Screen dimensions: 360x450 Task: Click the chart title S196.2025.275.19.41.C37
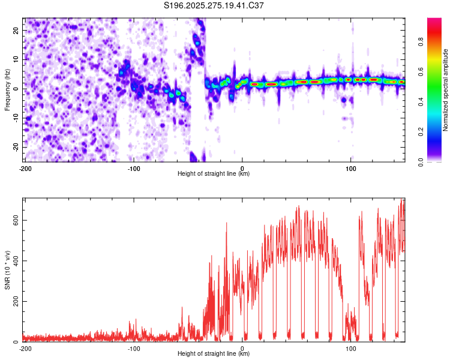point(214,6)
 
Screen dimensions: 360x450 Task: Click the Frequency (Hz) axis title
point(7,89)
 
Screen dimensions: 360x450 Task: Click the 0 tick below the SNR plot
point(242,349)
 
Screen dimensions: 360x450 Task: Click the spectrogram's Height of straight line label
point(214,174)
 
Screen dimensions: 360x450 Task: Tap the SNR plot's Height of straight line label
point(214,354)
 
